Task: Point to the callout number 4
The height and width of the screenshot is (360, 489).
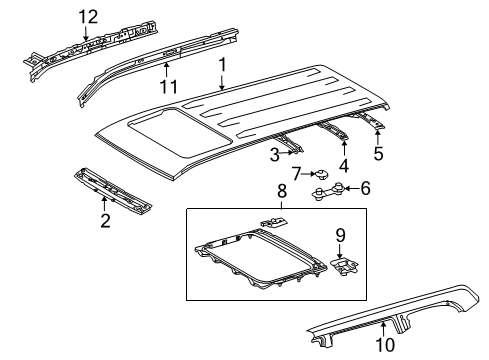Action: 344,165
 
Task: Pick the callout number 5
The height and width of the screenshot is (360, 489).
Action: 377,154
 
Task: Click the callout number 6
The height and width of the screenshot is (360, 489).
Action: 365,186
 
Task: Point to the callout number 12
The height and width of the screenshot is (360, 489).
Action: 89,17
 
